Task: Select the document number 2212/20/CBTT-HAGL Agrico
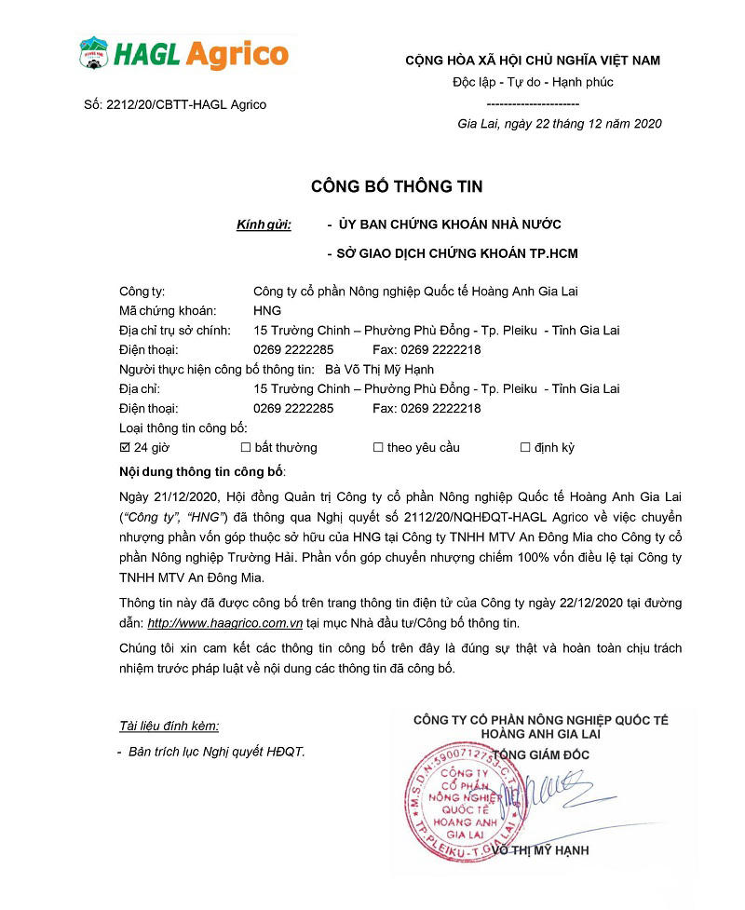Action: (x=175, y=104)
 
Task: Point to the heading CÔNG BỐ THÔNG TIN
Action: (x=397, y=187)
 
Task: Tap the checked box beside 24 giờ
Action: (x=126, y=447)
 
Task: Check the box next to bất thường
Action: (x=246, y=447)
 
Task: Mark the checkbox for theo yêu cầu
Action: (x=378, y=447)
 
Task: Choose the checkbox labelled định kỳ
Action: (x=525, y=447)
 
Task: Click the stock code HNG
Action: (x=267, y=310)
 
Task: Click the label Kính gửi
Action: (x=264, y=224)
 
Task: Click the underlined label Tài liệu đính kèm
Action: (x=169, y=726)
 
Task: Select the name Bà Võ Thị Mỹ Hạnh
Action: (x=386, y=369)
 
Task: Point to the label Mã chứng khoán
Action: (x=169, y=310)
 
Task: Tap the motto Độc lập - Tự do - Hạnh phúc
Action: (x=533, y=82)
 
